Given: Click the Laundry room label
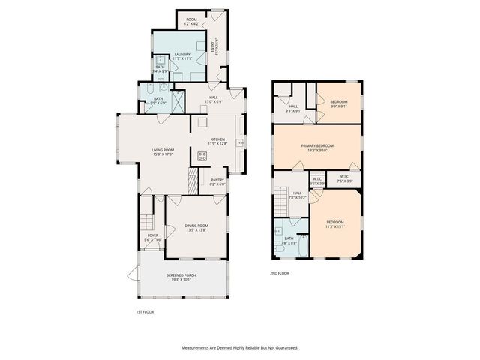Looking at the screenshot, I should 182,55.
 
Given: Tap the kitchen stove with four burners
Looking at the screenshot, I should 202,156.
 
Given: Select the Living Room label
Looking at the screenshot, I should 163,151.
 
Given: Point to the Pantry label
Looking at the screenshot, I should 217,181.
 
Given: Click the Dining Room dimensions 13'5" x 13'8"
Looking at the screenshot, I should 197,229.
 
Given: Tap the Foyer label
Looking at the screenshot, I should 153,236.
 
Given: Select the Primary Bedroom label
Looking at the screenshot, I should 317,145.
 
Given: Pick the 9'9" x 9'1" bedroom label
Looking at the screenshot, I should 339,103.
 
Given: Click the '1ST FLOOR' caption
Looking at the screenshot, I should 145,310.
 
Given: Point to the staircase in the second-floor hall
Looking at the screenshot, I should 281,201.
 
